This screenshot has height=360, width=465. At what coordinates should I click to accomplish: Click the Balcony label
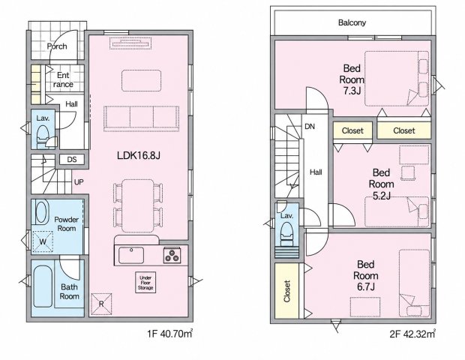[x=352, y=22]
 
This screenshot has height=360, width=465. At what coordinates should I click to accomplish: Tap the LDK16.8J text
[x=139, y=155]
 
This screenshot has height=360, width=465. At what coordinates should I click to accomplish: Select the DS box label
[x=72, y=160]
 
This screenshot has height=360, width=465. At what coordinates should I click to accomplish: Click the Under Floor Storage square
[x=145, y=283]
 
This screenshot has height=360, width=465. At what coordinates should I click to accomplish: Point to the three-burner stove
[x=172, y=255]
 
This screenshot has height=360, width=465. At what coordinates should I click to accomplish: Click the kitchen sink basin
[x=131, y=255]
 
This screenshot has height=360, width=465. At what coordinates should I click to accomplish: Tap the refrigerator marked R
[x=101, y=304]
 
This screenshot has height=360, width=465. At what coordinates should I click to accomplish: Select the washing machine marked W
[x=43, y=241]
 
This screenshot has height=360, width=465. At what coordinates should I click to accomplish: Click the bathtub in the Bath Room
[x=43, y=286]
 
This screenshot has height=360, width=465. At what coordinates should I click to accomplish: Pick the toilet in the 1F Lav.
[x=43, y=136]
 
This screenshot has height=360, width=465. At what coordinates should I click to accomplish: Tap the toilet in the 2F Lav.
[x=286, y=234]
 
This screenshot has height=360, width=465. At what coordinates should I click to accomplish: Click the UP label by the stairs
[x=79, y=182]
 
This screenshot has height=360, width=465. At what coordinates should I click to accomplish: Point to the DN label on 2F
[x=310, y=127]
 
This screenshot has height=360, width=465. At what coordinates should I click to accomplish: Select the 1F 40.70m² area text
[x=170, y=334]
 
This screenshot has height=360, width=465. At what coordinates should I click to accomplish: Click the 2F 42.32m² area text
[x=412, y=334]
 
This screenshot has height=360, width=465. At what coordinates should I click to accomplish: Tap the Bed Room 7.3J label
[x=352, y=79]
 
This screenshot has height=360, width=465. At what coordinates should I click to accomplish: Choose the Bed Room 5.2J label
[x=381, y=184]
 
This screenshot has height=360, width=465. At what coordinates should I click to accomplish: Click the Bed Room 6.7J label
[x=366, y=275]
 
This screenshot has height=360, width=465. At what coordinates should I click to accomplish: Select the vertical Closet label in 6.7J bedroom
[x=286, y=291]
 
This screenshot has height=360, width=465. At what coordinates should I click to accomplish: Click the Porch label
[x=57, y=46]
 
